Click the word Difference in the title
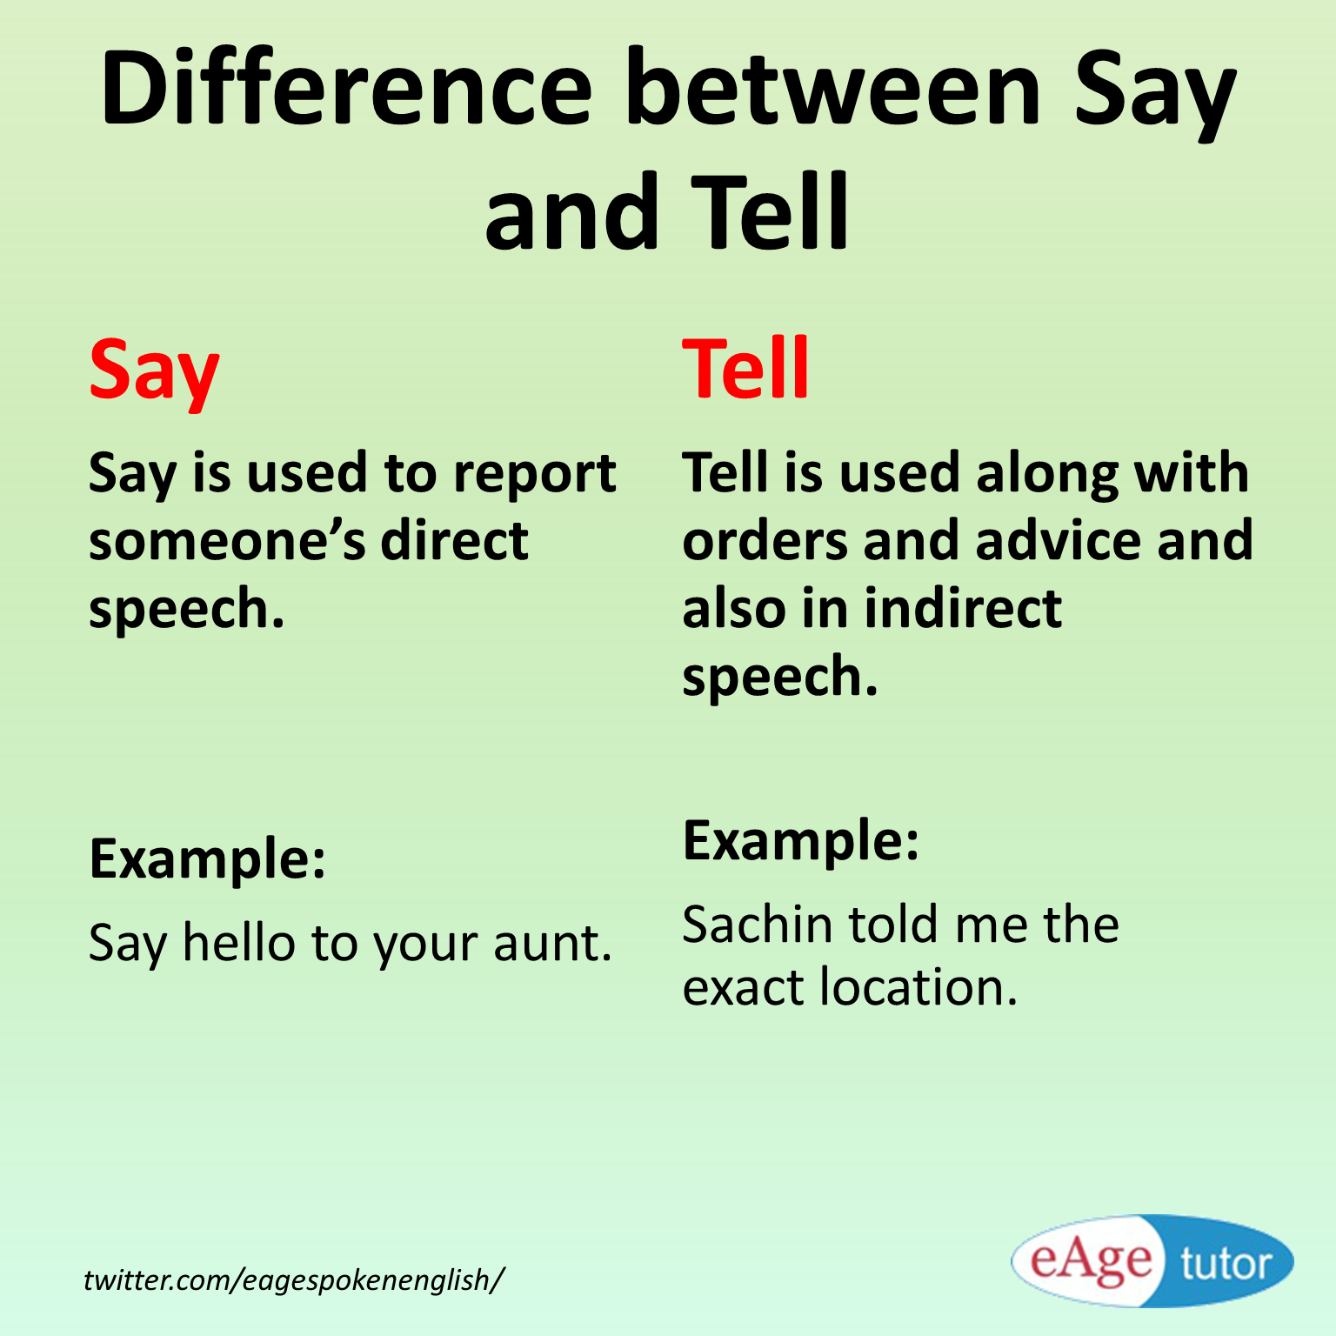(x=346, y=89)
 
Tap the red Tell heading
(x=745, y=369)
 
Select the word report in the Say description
(x=534, y=475)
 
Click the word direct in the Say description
(x=454, y=541)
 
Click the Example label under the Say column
(x=207, y=859)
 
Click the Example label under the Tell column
(x=800, y=841)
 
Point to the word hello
(x=238, y=943)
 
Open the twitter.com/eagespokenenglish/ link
(x=293, y=1279)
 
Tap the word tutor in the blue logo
(x=1225, y=1264)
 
